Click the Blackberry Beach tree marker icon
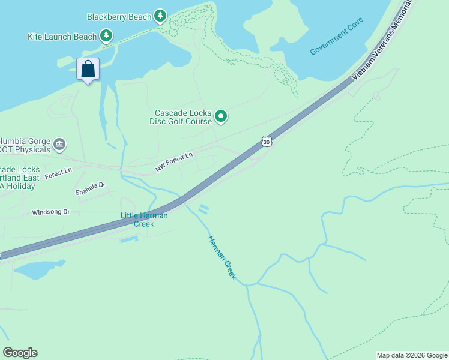pyautogui.click(x=160, y=16)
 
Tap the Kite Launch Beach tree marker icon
pyautogui.click(x=106, y=36)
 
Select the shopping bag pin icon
pyautogui.click(x=88, y=69)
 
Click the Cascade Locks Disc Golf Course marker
pyautogui.click(x=221, y=116)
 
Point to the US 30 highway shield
pyautogui.click(x=267, y=142)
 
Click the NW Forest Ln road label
pyautogui.click(x=174, y=163)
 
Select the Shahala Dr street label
pyautogui.click(x=90, y=189)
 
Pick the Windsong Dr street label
pyautogui.click(x=51, y=212)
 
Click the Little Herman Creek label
pyautogui.click(x=144, y=220)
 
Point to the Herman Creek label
pyautogui.click(x=221, y=258)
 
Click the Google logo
pyautogui.click(x=20, y=353)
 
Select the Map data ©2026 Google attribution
pyautogui.click(x=412, y=355)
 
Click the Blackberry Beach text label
pyautogui.click(x=119, y=17)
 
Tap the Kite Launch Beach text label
pyautogui.click(x=62, y=37)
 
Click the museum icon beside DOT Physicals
pyautogui.click(x=59, y=144)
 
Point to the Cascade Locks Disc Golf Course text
pyautogui.click(x=183, y=117)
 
